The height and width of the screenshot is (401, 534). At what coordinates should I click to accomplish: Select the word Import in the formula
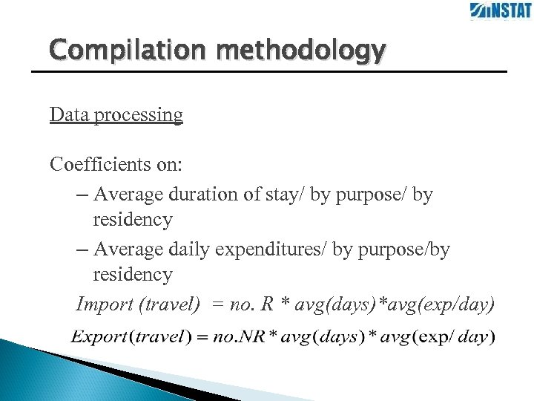click(x=104, y=304)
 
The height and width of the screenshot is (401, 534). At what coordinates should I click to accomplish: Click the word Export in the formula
click(x=99, y=336)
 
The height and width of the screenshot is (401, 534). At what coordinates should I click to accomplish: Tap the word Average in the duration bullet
click(x=131, y=195)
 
